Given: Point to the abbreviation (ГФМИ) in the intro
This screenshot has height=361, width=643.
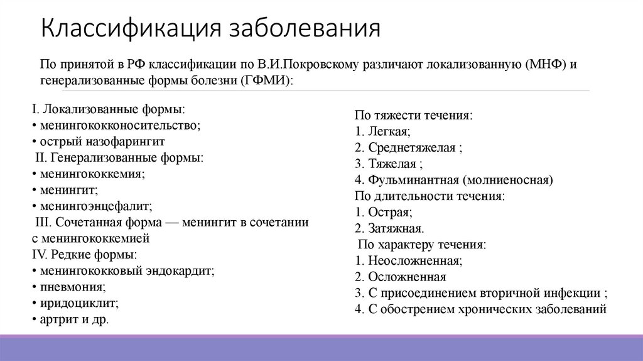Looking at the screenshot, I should (x=265, y=81).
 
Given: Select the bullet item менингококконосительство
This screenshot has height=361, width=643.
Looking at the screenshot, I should (x=119, y=125).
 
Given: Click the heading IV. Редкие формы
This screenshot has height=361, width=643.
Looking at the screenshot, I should (x=84, y=255).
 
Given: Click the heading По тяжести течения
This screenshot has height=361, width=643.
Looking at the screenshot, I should (x=413, y=116).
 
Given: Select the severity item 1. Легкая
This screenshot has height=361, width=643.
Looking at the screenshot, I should (x=382, y=132).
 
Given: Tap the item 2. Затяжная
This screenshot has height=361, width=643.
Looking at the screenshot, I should (x=389, y=228).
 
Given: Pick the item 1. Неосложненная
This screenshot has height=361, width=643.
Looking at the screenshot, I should (x=408, y=260).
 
